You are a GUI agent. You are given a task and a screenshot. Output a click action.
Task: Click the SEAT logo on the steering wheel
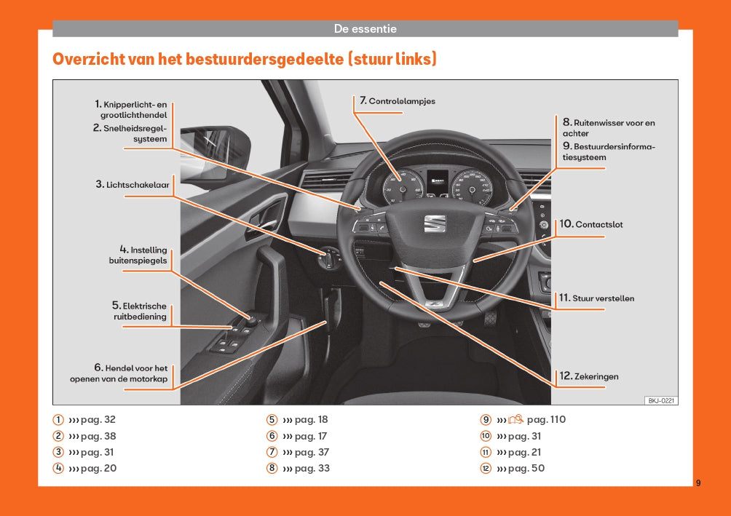[433, 223]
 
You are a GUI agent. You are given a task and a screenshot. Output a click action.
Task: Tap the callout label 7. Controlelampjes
[398, 101]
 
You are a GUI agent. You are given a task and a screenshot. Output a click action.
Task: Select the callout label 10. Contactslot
[591, 224]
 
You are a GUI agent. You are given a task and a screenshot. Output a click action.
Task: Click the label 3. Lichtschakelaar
[133, 185]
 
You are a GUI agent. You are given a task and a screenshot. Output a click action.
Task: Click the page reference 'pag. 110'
[546, 420]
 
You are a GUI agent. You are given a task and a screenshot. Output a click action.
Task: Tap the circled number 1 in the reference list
[58, 420]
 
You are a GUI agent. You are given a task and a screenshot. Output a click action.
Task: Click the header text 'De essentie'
[365, 29]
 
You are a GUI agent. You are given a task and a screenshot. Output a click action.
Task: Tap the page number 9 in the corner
[698, 483]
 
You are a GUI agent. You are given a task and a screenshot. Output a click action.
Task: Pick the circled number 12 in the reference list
[486, 469]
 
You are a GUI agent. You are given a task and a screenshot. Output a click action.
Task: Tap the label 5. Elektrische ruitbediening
[139, 311]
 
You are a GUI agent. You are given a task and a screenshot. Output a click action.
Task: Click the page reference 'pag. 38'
[98, 437]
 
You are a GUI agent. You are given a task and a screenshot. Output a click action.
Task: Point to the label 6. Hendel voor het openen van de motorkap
[119, 373]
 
